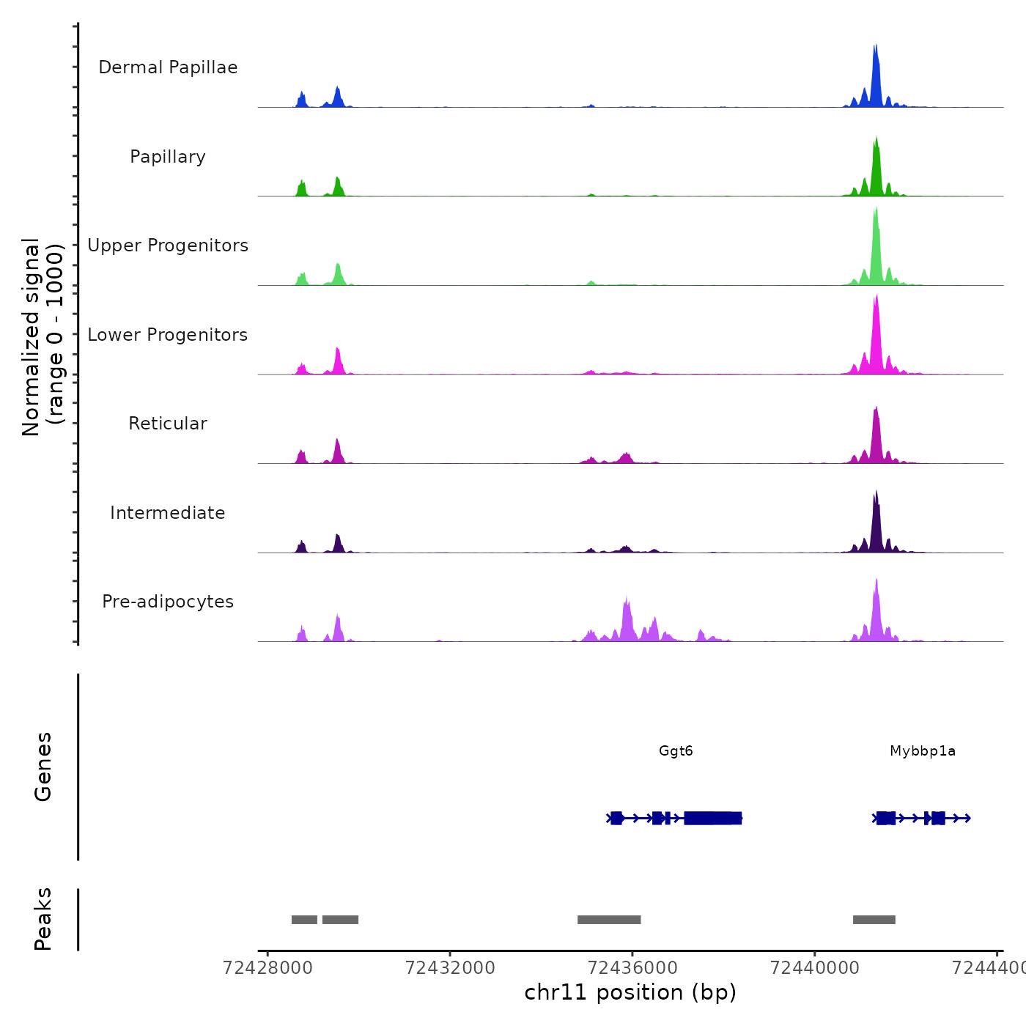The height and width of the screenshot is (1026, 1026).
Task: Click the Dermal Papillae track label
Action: [x=168, y=67]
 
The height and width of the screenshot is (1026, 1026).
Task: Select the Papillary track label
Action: [x=168, y=157]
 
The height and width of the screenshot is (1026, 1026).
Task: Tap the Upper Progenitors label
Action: [x=168, y=246]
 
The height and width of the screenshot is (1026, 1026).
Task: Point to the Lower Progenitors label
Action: [x=168, y=335]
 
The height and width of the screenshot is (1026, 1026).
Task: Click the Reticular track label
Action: [x=168, y=424]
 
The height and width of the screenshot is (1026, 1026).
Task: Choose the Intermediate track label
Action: [x=168, y=513]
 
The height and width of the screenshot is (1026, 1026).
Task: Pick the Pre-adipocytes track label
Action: [x=168, y=602]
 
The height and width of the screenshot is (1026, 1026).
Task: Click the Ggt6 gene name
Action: [x=676, y=751]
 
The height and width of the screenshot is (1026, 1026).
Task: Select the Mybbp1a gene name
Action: [x=923, y=751]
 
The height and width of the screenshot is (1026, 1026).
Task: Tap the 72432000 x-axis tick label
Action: [x=450, y=968]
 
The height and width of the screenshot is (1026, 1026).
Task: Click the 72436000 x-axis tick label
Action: [x=632, y=968]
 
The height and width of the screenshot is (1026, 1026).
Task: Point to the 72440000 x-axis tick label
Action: [x=814, y=968]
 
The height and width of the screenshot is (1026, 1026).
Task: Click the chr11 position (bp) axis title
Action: [x=630, y=992]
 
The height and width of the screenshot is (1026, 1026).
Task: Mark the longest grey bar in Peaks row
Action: [x=609, y=920]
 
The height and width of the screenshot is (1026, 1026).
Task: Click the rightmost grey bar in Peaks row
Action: [x=874, y=920]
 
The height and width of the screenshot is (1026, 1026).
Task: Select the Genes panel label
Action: [x=43, y=767]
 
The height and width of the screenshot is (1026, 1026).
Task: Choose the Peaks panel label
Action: [x=43, y=919]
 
